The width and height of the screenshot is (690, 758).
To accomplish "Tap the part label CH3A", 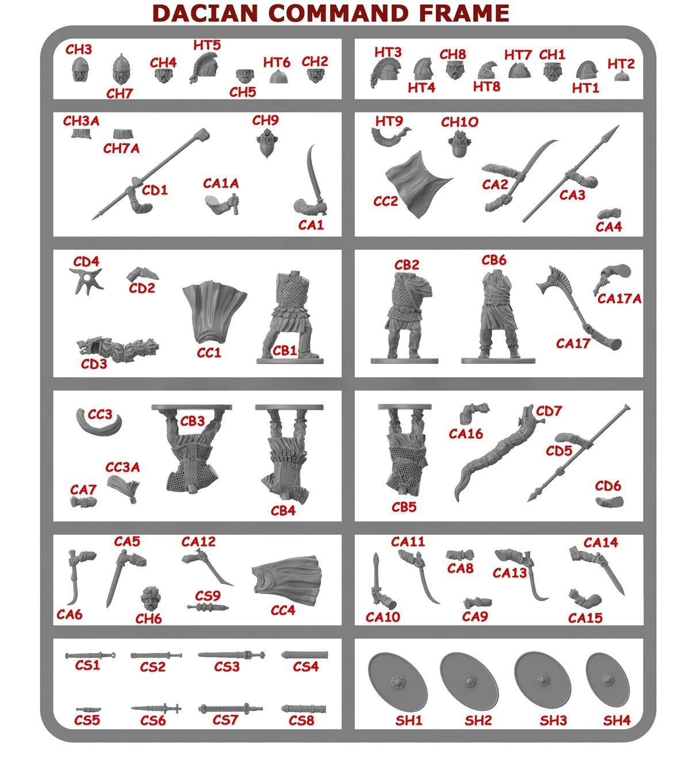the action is point(81,121).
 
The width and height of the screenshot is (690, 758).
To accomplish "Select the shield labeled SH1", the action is point(397,683).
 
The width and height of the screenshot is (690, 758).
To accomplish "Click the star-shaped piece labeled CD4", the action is point(87,281).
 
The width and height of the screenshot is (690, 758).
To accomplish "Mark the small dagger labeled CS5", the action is point(88,709).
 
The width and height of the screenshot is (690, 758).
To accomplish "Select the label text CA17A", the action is point(619,298).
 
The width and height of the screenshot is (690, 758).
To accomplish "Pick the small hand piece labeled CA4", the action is point(609,213).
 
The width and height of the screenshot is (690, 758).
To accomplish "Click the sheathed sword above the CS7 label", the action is point(230,709).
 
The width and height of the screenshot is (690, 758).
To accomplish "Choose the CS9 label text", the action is point(208,596).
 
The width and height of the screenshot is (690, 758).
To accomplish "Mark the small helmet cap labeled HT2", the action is point(621,76).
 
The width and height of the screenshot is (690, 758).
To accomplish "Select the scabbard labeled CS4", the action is point(305,655).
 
